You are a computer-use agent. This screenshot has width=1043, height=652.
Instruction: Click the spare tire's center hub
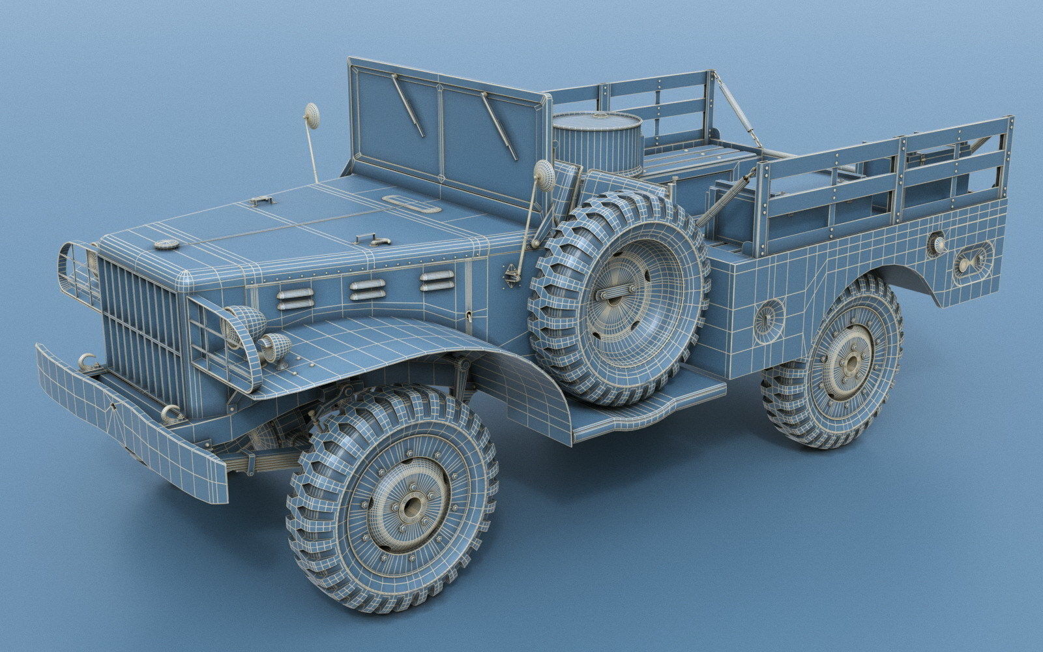pos(617,294)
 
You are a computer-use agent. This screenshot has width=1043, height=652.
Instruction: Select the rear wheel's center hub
pos(850,362)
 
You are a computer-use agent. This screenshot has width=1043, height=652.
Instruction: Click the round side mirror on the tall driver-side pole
pos(312,115)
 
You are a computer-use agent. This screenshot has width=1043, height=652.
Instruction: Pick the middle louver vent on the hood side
pos(367,289)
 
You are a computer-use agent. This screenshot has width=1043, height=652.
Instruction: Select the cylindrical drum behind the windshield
pos(596,143)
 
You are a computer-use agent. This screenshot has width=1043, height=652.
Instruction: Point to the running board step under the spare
pos(645,407)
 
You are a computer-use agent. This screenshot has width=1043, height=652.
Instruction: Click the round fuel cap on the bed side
pos(769,318)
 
